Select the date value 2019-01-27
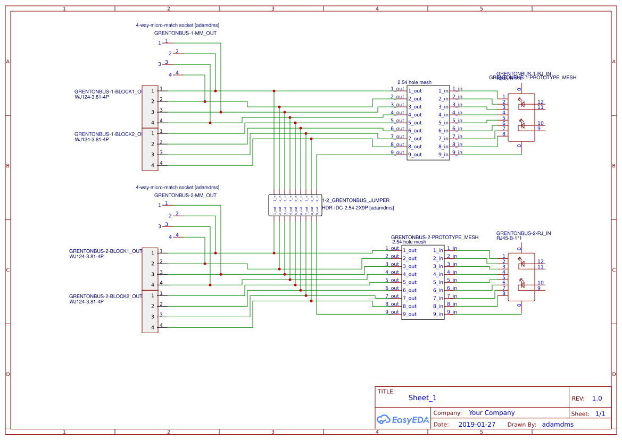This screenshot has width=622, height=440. pos(476,425)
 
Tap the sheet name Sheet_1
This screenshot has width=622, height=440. pos(422,397)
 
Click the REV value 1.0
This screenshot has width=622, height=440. pos(597,399)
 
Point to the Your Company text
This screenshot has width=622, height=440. pos(492,413)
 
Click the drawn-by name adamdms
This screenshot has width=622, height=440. pos(558,425)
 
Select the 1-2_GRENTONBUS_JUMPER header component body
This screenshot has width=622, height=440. pos(295,205)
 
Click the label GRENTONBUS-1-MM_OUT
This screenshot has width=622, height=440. pos(185,33)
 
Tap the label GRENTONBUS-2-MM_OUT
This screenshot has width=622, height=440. pos(185,195)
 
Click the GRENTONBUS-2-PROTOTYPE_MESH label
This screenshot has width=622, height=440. pos(434,238)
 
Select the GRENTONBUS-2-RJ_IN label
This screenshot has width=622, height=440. pos(523,233)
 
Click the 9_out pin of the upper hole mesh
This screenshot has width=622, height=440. pos(415,155)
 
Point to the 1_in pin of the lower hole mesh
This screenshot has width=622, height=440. pos(437,250)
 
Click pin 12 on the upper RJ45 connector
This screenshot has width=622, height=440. pos(540,101)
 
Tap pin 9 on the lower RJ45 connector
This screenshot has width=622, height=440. pos(538,288)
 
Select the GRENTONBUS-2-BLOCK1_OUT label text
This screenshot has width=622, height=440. pos(105,251)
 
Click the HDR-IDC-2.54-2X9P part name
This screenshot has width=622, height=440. pos(358,208)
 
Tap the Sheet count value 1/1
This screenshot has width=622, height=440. pos(600,413)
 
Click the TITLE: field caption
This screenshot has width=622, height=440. pos(386,392)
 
